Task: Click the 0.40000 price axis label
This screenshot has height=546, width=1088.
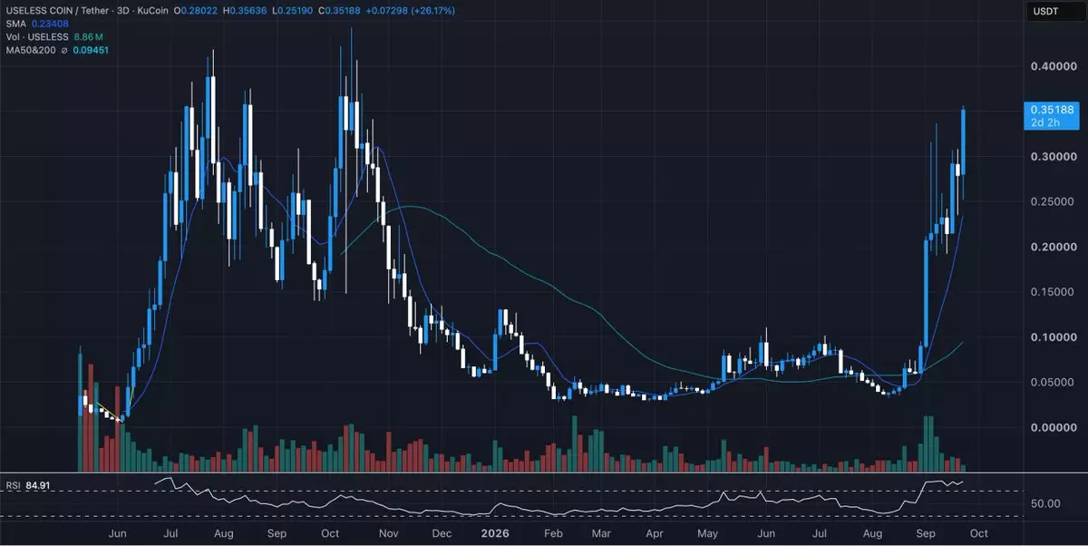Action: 1054,66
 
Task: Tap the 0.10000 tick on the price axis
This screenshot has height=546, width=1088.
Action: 1054,337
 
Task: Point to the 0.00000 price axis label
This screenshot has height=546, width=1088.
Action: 1054,427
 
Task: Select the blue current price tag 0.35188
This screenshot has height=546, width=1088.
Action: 1052,115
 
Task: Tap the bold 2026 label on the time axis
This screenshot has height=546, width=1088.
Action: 495,533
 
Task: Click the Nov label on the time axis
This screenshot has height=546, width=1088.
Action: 389,533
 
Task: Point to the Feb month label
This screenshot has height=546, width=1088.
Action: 553,533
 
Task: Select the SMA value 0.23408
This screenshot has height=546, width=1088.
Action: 50,24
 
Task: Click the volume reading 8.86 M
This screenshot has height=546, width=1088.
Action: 89,37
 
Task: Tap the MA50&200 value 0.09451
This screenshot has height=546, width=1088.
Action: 91,50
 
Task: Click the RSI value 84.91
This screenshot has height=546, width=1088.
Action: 37,485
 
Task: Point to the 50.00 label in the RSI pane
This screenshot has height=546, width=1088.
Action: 1045,503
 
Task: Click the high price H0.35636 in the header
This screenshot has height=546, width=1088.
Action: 245,10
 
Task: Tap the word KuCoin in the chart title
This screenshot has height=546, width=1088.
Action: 152,10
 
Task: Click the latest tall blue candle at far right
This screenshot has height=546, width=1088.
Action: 963,141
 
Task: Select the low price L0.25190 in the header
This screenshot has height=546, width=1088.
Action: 292,10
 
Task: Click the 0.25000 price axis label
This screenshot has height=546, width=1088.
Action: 1054,201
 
